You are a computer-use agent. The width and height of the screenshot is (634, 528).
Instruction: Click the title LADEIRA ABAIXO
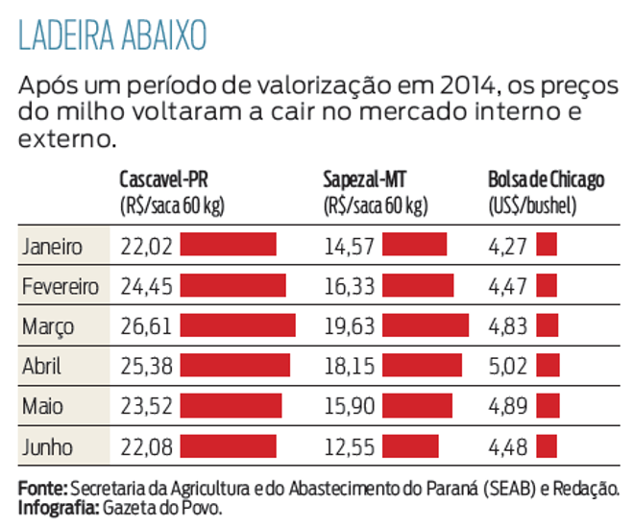click(112, 36)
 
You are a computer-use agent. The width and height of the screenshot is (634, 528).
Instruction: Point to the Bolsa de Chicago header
click(547, 181)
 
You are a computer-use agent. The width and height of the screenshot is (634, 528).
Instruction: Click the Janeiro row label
click(52, 246)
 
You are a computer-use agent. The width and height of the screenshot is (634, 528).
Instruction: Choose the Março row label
click(48, 326)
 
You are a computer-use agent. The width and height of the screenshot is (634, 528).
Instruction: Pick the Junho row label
click(47, 447)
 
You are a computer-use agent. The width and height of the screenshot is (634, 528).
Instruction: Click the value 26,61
click(146, 326)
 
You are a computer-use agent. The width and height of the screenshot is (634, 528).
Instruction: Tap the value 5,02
click(508, 367)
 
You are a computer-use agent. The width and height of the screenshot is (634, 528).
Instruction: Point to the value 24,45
click(146, 286)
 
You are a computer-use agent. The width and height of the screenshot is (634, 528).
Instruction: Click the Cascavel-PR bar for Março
click(237, 325)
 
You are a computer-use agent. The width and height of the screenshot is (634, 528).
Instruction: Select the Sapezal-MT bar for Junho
click(410, 446)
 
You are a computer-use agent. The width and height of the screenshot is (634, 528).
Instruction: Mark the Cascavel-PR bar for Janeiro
click(228, 245)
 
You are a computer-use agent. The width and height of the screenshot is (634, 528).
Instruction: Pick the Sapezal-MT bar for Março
click(426, 325)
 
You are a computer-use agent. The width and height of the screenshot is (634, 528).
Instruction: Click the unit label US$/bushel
click(531, 204)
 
